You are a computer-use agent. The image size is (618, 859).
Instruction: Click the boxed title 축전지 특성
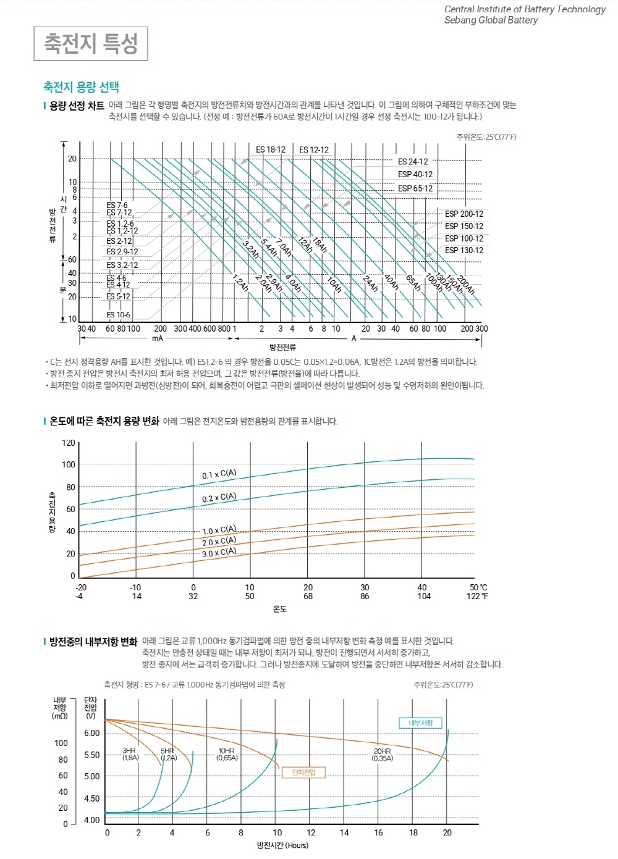click(90, 44)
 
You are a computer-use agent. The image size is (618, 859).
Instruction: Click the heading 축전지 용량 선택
click(81, 87)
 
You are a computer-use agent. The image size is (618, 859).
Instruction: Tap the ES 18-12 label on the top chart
click(271, 149)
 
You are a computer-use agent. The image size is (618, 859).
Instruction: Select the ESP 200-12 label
click(464, 214)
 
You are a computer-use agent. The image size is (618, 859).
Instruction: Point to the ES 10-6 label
click(118, 315)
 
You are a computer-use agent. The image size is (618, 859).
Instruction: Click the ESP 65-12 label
click(415, 188)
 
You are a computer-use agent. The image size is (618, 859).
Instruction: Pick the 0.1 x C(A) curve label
click(219, 474)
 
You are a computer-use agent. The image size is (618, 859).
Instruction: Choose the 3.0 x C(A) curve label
click(219, 552)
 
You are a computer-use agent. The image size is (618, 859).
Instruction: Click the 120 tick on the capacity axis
click(68, 443)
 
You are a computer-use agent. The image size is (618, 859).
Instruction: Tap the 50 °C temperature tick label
click(478, 587)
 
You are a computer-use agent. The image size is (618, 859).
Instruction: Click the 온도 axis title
click(280, 609)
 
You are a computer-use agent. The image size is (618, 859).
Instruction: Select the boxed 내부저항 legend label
click(420, 723)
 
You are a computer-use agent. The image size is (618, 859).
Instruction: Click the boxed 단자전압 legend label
click(303, 772)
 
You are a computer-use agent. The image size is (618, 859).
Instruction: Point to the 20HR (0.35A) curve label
click(383, 755)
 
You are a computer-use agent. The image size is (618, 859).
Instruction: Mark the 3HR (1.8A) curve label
click(130, 754)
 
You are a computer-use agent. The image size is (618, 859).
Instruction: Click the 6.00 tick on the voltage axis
click(92, 733)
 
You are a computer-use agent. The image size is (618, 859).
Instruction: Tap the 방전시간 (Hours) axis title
click(282, 845)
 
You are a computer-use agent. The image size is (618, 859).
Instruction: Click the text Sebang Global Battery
click(491, 20)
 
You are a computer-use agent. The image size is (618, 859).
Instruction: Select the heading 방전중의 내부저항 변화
click(93, 642)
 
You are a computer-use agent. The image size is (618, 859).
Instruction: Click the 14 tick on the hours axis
click(344, 832)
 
